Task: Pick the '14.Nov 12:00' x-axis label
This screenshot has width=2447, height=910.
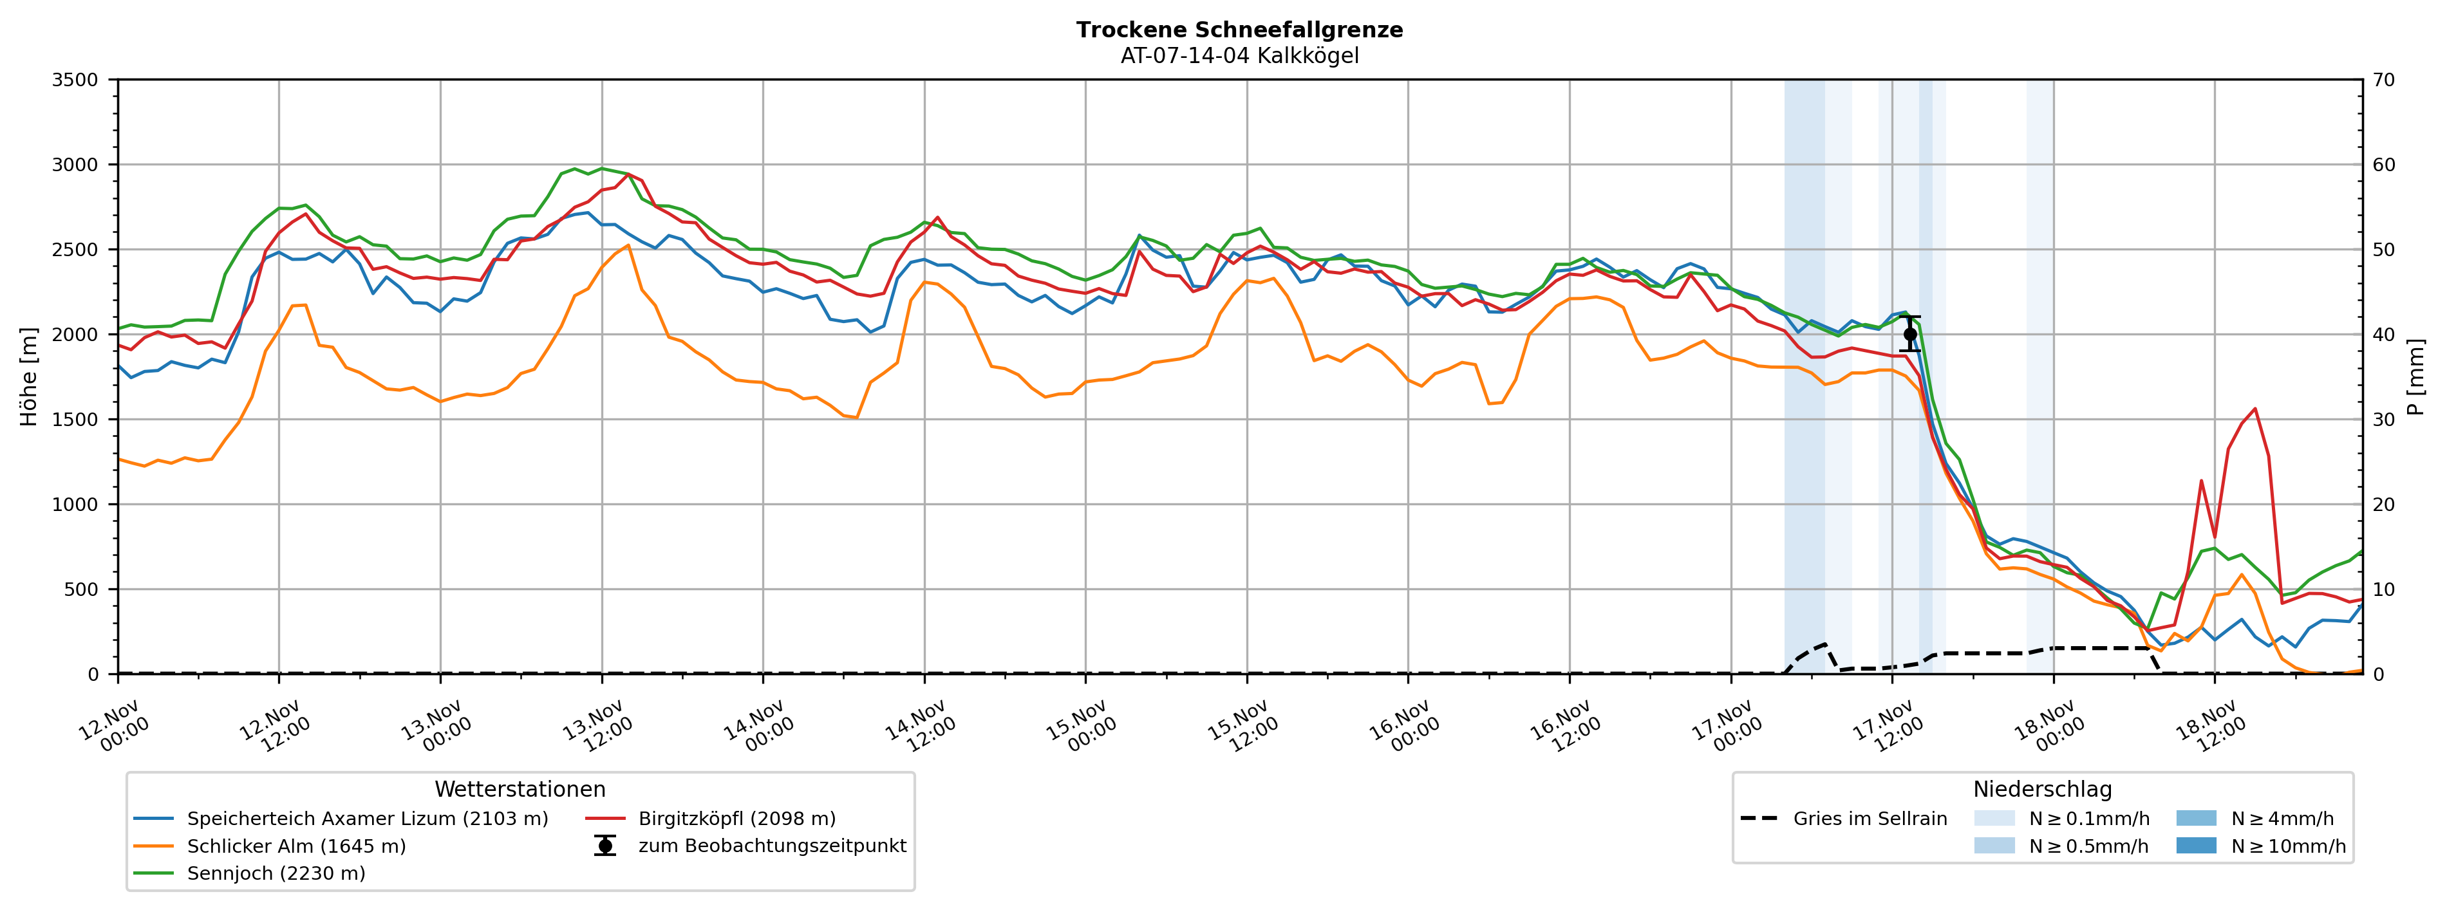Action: pos(921,726)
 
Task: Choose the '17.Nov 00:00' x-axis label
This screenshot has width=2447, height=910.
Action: pos(1727,726)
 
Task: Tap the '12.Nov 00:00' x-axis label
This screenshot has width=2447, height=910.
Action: pos(114,726)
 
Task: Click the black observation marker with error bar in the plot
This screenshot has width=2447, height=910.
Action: pos(1910,335)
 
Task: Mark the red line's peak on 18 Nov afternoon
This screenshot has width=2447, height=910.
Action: pos(2254,409)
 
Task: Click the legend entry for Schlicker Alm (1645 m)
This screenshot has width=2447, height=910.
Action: pos(295,846)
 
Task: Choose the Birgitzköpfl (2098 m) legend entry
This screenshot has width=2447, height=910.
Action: pos(736,819)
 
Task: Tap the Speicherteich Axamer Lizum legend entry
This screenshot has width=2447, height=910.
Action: pos(367,819)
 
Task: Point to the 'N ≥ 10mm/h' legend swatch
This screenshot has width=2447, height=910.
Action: pos(2195,846)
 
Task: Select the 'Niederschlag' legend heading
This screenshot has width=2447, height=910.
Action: pos(2042,790)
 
